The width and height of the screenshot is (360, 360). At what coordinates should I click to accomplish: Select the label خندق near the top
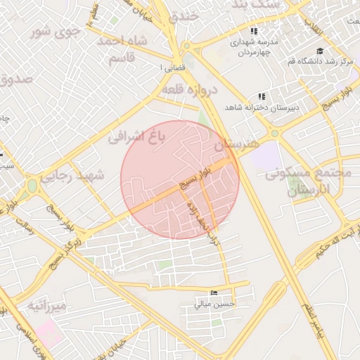(x=185, y=15)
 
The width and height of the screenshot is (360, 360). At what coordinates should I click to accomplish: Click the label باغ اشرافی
(x=136, y=136)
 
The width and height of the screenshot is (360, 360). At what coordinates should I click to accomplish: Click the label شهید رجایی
(x=72, y=175)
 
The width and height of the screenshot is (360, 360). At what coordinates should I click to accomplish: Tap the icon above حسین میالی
(x=214, y=292)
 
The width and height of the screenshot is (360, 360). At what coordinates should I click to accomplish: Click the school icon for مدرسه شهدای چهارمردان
(x=254, y=32)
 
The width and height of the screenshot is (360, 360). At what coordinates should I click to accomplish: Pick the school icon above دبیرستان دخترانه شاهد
(x=262, y=96)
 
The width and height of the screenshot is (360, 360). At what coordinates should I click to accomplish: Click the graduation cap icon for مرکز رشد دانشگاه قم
(x=321, y=51)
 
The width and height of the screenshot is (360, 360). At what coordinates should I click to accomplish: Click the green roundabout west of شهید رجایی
(x=32, y=186)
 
